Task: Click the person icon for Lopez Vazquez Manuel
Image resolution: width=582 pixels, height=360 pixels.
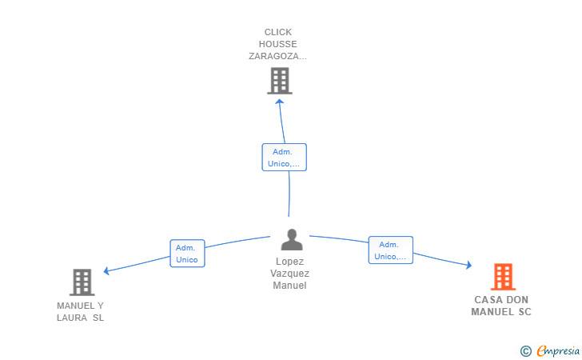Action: pos(292,240)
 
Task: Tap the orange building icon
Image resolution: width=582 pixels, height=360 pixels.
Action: pos(504,277)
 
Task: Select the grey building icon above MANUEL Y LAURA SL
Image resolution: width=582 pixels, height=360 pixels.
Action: pos(82,282)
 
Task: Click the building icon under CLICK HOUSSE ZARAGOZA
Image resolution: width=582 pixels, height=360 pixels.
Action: pos(280,81)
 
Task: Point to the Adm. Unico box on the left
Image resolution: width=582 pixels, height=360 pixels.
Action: pos(187,254)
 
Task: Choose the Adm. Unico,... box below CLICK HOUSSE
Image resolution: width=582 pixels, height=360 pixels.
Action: pos(285,158)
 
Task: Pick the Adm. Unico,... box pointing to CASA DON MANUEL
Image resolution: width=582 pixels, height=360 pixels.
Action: pos(390,250)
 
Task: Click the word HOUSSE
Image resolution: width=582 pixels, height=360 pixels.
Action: pos(278,44)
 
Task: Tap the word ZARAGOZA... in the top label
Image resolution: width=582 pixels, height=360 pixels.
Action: pos(277,56)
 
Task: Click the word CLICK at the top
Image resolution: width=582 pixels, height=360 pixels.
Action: pos(278,32)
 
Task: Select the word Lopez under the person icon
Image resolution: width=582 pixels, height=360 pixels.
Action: pos(290,262)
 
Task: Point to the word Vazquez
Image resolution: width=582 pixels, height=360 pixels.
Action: pos(290,274)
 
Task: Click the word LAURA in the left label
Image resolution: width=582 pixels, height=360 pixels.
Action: pos(72,318)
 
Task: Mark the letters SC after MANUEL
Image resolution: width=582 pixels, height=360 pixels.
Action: pos(524,312)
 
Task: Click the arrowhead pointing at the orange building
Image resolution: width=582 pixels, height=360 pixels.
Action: pos(469,265)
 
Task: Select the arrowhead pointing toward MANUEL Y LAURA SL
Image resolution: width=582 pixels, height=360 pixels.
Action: pos(106,271)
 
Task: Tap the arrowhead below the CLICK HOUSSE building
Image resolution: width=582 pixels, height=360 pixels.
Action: pos(280,101)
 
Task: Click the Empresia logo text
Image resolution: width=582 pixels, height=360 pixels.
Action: pos(558,350)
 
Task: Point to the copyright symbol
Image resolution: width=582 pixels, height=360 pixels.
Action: pos(526,351)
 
